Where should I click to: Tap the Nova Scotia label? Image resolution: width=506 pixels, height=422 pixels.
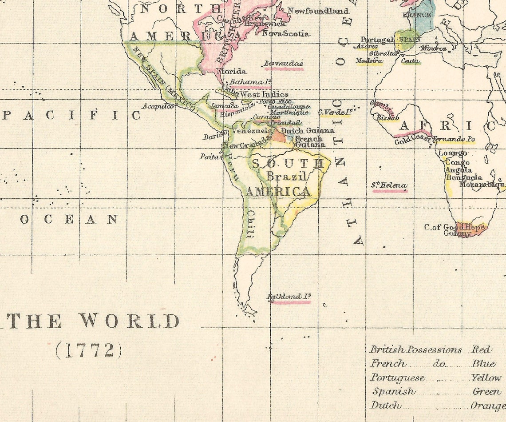tap(286, 33)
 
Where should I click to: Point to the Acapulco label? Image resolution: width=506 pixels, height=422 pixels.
tap(158, 106)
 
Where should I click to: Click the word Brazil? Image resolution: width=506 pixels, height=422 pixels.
tap(287, 177)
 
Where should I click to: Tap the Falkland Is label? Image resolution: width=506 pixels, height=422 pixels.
tap(289, 296)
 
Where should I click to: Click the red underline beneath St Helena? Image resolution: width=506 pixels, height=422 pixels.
tap(389, 191)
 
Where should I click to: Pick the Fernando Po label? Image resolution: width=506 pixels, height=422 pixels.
tap(454, 140)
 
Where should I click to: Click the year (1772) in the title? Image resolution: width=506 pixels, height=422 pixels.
tap(88, 351)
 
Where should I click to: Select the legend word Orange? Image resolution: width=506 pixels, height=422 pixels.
tap(488, 406)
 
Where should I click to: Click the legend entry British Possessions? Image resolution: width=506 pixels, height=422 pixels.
tap(416, 350)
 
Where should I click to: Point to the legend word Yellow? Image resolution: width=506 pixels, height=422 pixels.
tap(486, 378)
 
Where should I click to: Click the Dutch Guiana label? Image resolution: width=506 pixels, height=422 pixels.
tap(308, 131)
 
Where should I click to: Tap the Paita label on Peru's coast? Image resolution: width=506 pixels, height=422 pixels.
tap(209, 157)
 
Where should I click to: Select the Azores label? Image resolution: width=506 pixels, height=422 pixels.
tap(367, 46)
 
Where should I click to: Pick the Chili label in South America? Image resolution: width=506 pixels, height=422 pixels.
tap(250, 225)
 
